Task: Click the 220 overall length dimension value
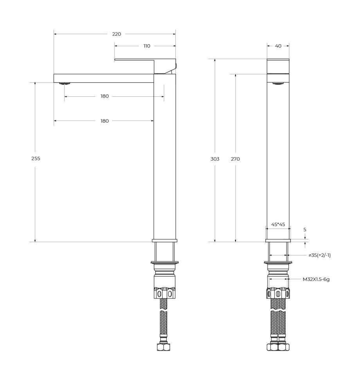117,34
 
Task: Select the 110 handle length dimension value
147,46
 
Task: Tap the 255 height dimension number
36,159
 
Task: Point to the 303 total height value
215,159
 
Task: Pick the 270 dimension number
235,159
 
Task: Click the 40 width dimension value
278,46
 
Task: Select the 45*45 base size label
278,224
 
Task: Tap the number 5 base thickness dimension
305,230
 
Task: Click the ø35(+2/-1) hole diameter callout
319,255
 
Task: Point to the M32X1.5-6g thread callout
316,279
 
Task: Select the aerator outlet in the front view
278,83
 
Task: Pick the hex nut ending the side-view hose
163,347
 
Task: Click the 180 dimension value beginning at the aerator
104,96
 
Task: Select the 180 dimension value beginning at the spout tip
104,121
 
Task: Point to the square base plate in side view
164,241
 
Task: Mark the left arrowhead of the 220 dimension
55,34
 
